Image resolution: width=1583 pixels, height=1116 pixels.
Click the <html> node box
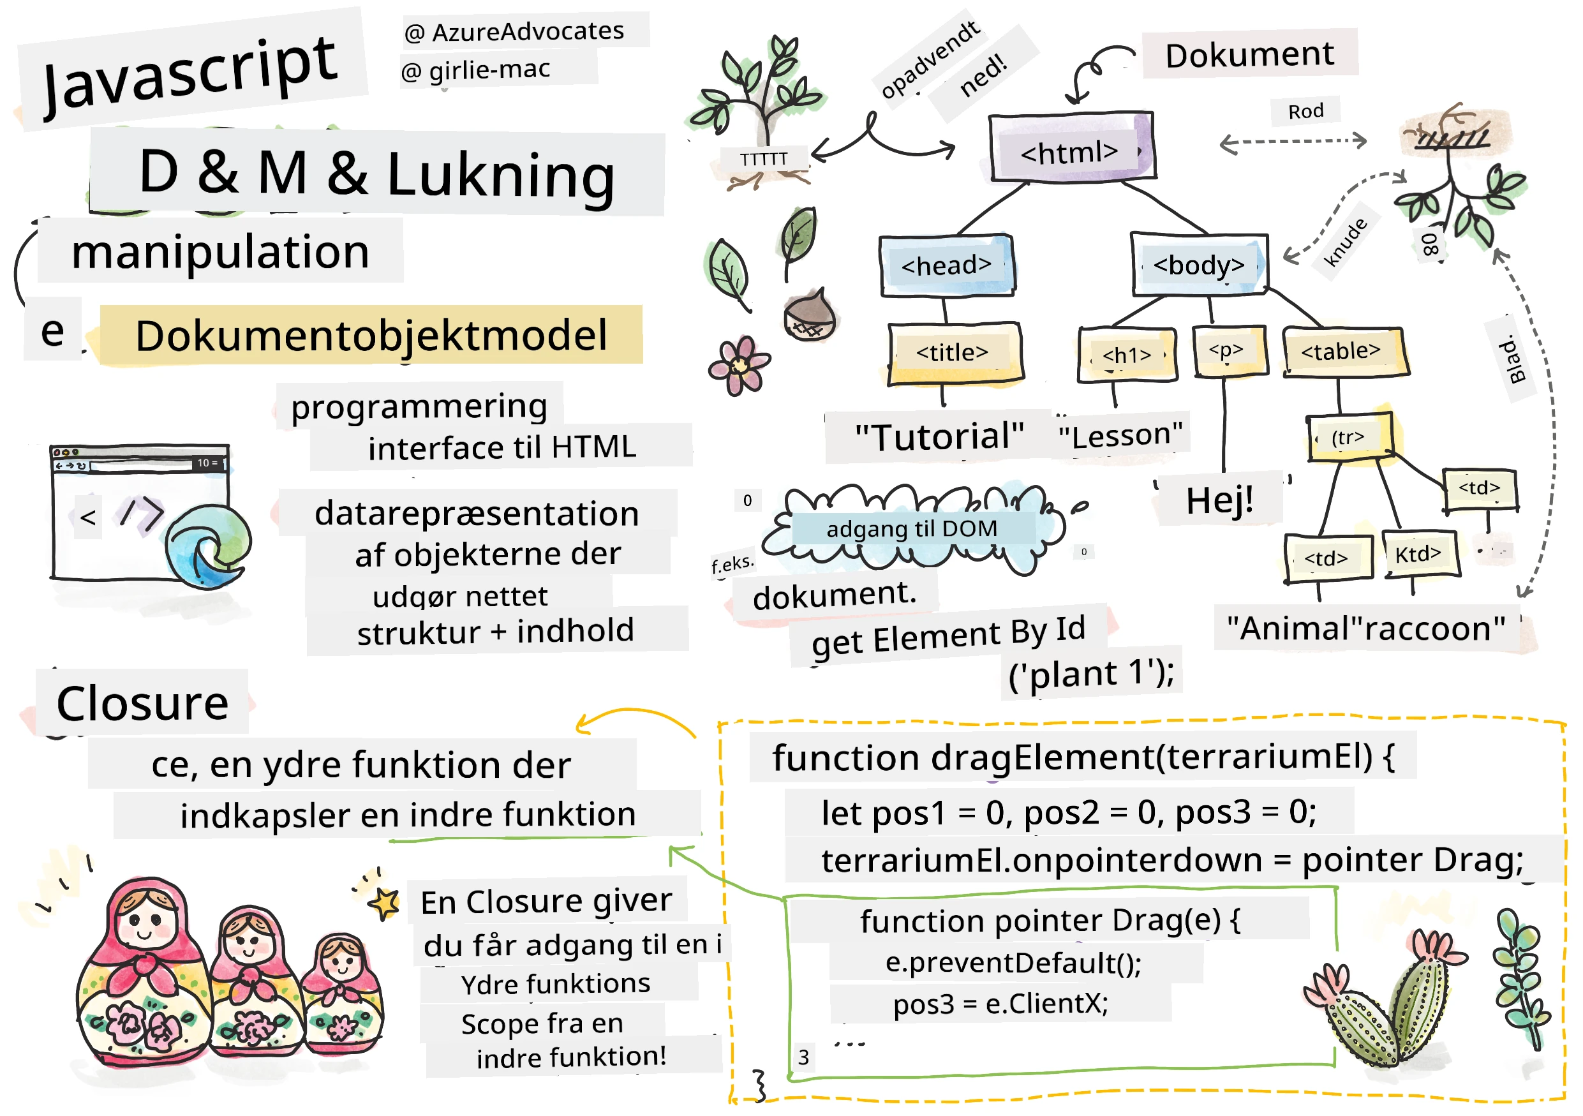1071,147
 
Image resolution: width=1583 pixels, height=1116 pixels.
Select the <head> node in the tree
948,265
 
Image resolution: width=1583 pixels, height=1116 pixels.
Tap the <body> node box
1200,264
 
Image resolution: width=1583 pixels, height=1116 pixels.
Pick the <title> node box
955,353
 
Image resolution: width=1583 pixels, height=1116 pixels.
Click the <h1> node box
1127,354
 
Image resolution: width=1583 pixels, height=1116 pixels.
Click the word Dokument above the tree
1250,54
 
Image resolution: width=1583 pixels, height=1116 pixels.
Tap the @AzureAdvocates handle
514,32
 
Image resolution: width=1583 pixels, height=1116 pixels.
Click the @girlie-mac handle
476,70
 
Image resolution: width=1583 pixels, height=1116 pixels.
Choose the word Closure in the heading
142,704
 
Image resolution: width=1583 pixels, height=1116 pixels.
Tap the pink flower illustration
738,366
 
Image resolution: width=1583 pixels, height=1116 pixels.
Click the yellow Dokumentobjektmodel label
371,336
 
